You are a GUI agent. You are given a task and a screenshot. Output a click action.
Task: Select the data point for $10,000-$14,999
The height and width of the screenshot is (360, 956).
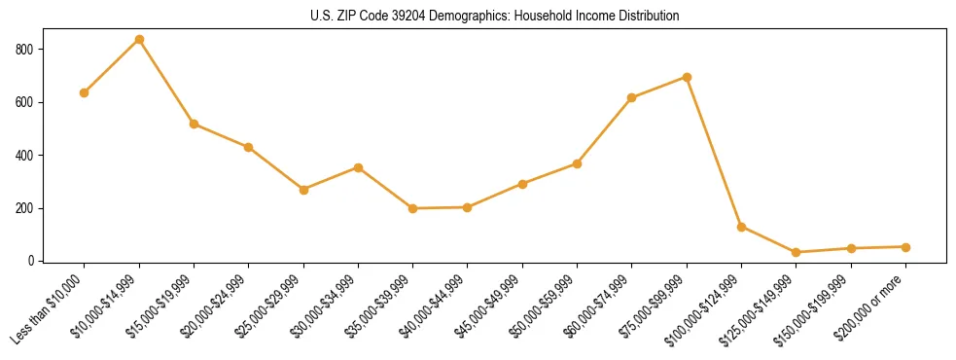[139, 40]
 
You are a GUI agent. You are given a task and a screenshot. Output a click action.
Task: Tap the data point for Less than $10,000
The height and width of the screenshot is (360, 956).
[85, 92]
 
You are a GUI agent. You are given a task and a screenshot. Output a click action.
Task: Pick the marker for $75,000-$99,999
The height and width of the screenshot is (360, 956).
[687, 77]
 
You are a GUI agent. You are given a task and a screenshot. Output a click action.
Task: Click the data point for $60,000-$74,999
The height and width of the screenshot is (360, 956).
[632, 97]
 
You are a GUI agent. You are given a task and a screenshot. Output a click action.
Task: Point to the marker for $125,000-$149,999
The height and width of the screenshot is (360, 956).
[797, 252]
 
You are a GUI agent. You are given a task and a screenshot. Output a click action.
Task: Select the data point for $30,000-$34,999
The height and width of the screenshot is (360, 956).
[358, 167]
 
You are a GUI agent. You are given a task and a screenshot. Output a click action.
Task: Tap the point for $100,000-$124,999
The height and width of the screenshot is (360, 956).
[742, 227]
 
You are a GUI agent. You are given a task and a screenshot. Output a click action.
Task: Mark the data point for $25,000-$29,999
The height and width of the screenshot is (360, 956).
[303, 190]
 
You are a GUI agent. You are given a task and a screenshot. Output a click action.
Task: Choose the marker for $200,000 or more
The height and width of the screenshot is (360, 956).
[905, 247]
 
